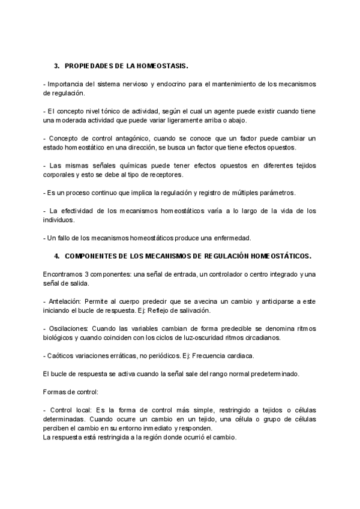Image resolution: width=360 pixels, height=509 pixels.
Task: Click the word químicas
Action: [x=118, y=166]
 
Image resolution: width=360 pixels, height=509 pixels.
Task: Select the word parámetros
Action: [x=277, y=193]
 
